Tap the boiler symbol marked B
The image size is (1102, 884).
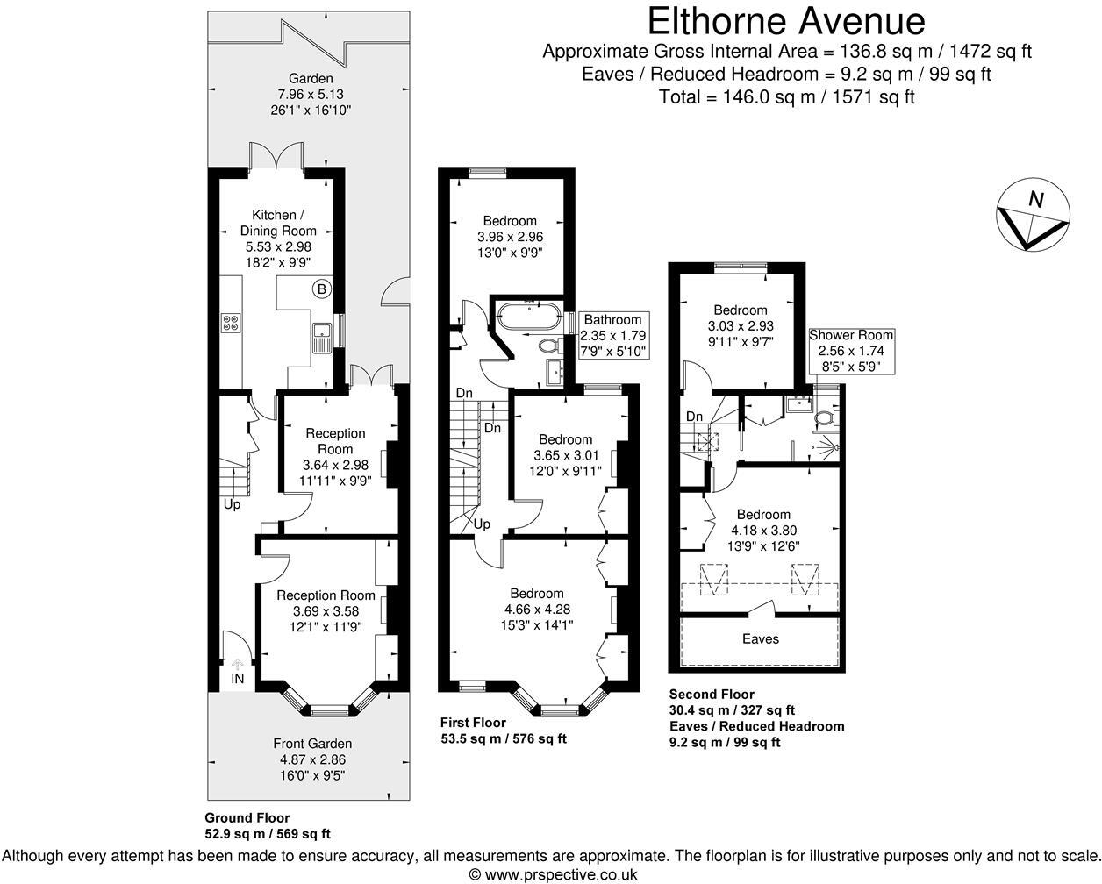pyautogui.click(x=322, y=289)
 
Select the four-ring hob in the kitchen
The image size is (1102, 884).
pyautogui.click(x=231, y=323)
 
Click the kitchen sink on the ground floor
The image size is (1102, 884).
pyautogui.click(x=322, y=331)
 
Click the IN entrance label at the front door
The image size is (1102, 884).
pyautogui.click(x=238, y=678)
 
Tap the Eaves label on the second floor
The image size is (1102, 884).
pyautogui.click(x=760, y=638)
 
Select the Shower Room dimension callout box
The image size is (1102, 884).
pyautogui.click(x=851, y=350)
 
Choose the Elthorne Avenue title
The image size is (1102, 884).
pyautogui.click(x=786, y=19)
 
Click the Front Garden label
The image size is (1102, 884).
pyautogui.click(x=312, y=743)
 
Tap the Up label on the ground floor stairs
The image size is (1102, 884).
pyautogui.click(x=232, y=504)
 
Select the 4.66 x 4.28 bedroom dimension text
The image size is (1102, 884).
pyautogui.click(x=533, y=610)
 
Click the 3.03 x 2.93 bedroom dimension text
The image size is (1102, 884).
pyautogui.click(x=740, y=325)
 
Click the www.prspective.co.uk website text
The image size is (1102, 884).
pyautogui.click(x=552, y=873)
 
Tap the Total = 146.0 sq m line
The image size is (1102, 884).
pyautogui.click(x=786, y=96)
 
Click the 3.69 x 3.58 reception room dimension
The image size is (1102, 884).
pyautogui.click(x=318, y=611)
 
